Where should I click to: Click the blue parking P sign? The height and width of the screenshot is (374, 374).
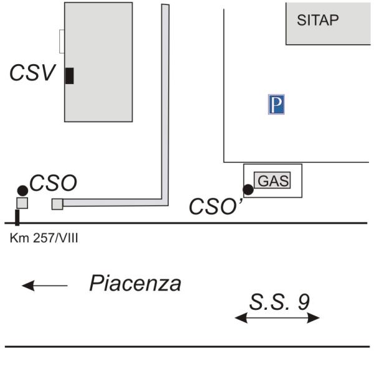(276, 104)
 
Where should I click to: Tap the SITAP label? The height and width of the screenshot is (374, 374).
(318, 20)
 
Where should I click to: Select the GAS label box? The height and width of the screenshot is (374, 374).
(272, 180)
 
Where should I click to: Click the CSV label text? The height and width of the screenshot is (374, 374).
(32, 72)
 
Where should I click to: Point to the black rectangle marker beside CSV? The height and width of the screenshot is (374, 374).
(69, 76)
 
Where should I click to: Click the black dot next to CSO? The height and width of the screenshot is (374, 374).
(22, 191)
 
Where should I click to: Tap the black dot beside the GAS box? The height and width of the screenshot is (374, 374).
(248, 189)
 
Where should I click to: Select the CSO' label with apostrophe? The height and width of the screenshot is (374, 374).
(216, 206)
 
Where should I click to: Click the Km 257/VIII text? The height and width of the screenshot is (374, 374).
(44, 238)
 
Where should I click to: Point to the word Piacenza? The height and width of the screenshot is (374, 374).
(135, 283)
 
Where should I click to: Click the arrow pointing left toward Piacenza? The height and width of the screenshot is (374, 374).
(45, 285)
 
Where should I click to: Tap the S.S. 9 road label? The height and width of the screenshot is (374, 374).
(279, 302)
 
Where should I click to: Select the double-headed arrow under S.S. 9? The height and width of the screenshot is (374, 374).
(277, 318)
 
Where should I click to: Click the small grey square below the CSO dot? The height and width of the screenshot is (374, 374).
(22, 203)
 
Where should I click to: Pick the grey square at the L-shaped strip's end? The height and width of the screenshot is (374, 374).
(57, 204)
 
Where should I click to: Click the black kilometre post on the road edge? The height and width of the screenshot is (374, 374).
(17, 218)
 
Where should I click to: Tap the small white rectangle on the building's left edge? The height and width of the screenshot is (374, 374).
(62, 42)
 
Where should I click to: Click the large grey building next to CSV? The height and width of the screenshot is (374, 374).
(98, 62)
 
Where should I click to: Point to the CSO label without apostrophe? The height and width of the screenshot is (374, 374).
(53, 183)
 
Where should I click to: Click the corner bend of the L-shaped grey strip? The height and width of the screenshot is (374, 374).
(165, 202)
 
